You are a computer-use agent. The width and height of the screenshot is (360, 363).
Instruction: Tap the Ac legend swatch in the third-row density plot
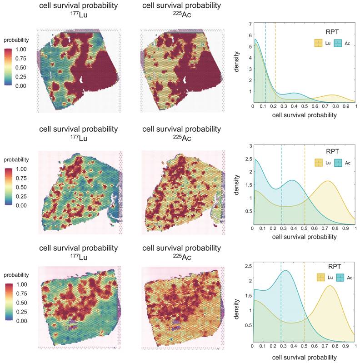(339, 277)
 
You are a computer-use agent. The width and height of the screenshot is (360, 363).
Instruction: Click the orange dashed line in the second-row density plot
(305, 186)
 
